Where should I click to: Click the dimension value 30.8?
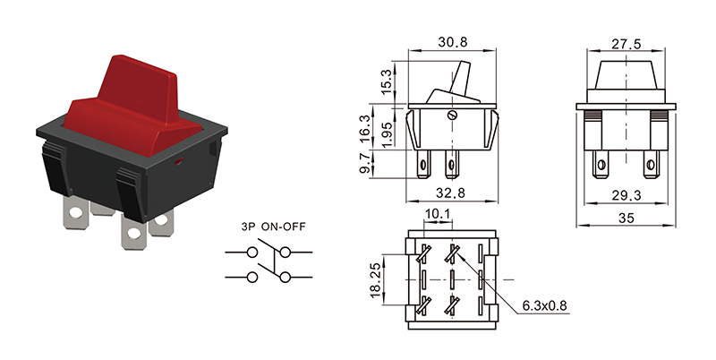[x=452, y=42]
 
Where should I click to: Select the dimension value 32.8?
[x=452, y=192]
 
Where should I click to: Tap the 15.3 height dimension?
[x=386, y=81]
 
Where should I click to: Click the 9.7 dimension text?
[x=366, y=163]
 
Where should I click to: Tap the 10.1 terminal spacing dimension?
[x=438, y=214]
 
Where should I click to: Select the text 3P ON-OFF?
[x=273, y=227]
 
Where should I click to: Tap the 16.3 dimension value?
[x=366, y=125]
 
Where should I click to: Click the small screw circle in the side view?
[x=451, y=115]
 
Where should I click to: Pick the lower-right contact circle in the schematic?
[x=286, y=278]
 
